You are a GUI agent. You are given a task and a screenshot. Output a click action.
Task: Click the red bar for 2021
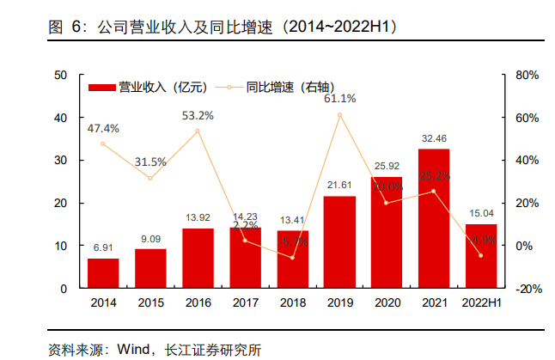pyautogui.click(x=434, y=218)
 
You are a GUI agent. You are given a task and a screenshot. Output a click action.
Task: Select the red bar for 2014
pyautogui.click(x=103, y=273)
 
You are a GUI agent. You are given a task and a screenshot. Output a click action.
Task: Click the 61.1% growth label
pyautogui.click(x=339, y=99)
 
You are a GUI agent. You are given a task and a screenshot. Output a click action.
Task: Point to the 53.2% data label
pyautogui.click(x=198, y=115)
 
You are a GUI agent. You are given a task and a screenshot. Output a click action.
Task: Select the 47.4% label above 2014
pyautogui.click(x=103, y=129)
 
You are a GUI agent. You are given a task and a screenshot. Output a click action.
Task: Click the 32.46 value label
pyautogui.click(x=434, y=137)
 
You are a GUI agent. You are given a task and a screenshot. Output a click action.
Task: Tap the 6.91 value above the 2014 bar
pyautogui.click(x=103, y=247)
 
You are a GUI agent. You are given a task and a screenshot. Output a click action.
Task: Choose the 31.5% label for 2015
pyautogui.click(x=150, y=162)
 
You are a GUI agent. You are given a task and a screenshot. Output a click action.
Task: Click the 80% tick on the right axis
pyautogui.click(x=526, y=75)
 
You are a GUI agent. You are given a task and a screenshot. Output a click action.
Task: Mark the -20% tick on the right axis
pyautogui.click(x=526, y=289)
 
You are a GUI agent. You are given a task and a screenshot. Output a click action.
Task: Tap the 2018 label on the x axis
pyautogui.click(x=292, y=303)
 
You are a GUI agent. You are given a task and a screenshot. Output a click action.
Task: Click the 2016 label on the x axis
pyautogui.click(x=198, y=303)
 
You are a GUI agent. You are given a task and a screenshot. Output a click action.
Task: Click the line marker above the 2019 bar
pyautogui.click(x=339, y=115)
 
